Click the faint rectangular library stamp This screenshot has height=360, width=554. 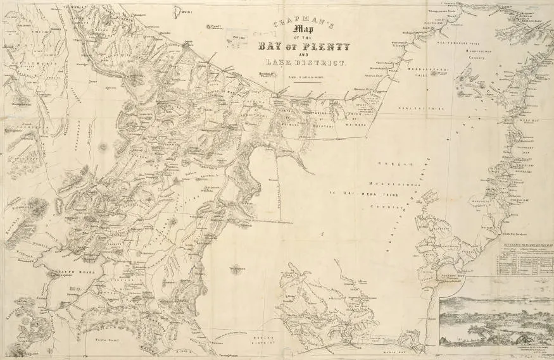coord(237,39)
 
